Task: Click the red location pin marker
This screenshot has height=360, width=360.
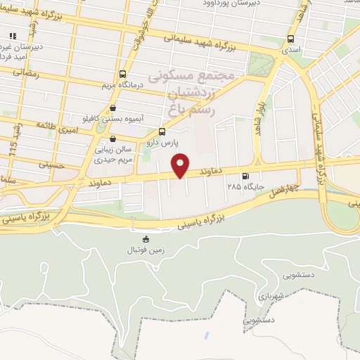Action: click(181, 165)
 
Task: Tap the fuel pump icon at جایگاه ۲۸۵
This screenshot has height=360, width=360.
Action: click(245, 176)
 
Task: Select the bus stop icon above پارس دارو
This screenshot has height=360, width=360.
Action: click(162, 131)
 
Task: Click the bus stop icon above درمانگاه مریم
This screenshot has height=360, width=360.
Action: click(123, 74)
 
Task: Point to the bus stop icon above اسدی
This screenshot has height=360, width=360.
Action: click(290, 39)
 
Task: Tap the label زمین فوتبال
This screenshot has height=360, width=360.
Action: click(144, 250)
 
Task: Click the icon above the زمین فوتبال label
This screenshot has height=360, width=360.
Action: click(146, 239)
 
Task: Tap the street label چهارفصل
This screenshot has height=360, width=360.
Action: click(285, 189)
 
